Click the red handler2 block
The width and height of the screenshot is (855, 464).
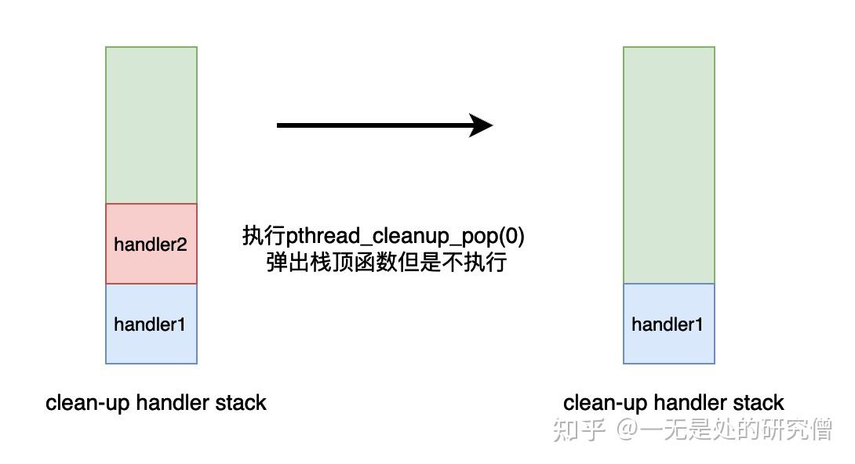pyautogui.click(x=151, y=244)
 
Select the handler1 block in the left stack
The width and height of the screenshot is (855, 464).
pyautogui.click(x=151, y=324)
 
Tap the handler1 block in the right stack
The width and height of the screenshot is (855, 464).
pyautogui.click(x=668, y=324)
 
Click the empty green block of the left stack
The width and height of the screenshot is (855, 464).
pyautogui.click(x=151, y=125)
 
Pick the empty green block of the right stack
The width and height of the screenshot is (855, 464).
pyautogui.click(x=668, y=165)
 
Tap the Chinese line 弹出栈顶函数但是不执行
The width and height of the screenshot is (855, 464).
pyautogui.click(x=386, y=262)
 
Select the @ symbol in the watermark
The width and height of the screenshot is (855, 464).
pyautogui.click(x=628, y=430)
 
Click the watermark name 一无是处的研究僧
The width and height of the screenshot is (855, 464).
pyautogui.click(x=737, y=429)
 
